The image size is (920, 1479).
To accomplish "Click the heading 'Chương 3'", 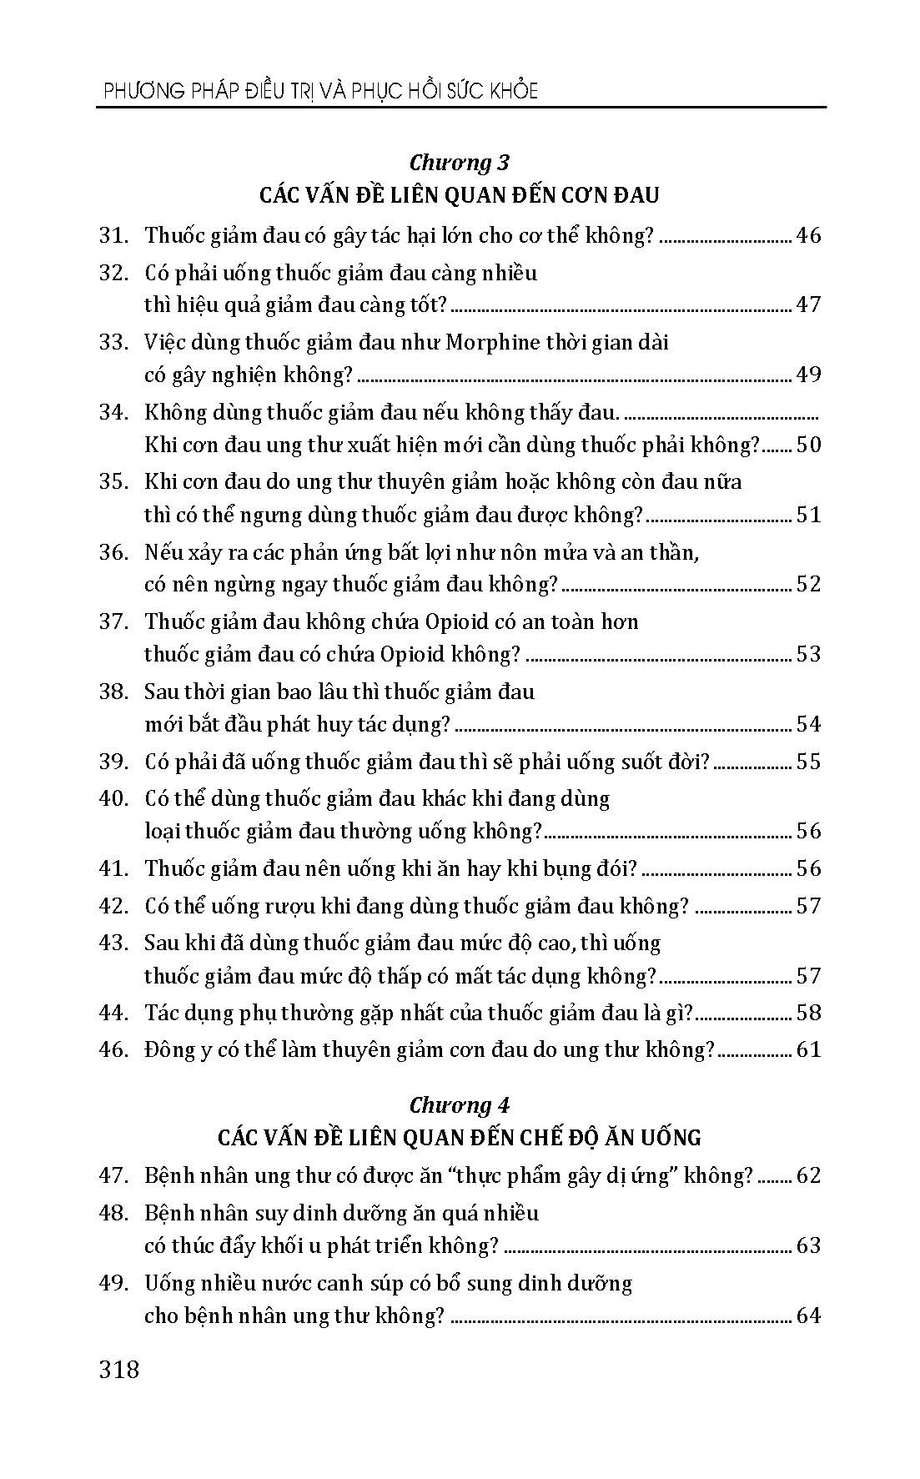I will [460, 162].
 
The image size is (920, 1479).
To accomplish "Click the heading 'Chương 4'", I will [460, 1104].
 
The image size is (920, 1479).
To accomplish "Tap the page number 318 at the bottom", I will [118, 1370].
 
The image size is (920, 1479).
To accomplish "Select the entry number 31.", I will [113, 236].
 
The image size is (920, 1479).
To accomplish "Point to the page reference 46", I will [808, 236].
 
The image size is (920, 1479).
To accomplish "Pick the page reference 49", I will [808, 375].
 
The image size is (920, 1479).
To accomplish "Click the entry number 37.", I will [113, 621].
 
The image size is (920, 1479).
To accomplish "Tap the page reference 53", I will [808, 653].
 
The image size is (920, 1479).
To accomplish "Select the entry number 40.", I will [113, 798].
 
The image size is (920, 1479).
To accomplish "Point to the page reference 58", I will [808, 1013].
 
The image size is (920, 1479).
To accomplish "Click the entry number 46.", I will [113, 1049].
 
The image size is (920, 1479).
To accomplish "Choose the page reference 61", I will [808, 1049].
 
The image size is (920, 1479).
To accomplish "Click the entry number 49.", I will [113, 1283].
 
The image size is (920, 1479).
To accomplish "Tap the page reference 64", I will [808, 1316].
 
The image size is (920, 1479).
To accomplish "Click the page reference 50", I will [808, 445].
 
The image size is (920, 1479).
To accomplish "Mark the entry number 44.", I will [113, 1013].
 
